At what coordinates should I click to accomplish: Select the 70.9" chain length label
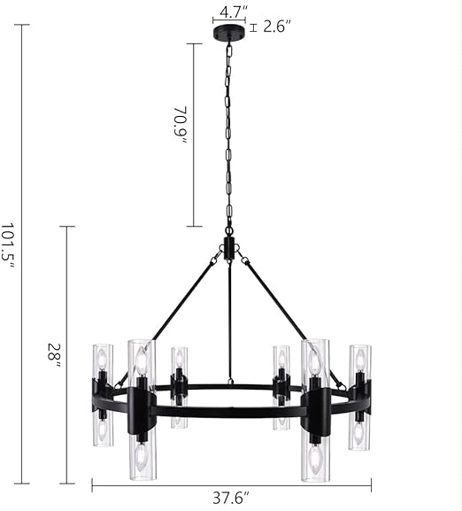(180, 125)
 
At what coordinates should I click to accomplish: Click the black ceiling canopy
(227, 33)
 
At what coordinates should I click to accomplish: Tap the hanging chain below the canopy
(228, 133)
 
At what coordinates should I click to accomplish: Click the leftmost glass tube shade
(102, 394)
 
